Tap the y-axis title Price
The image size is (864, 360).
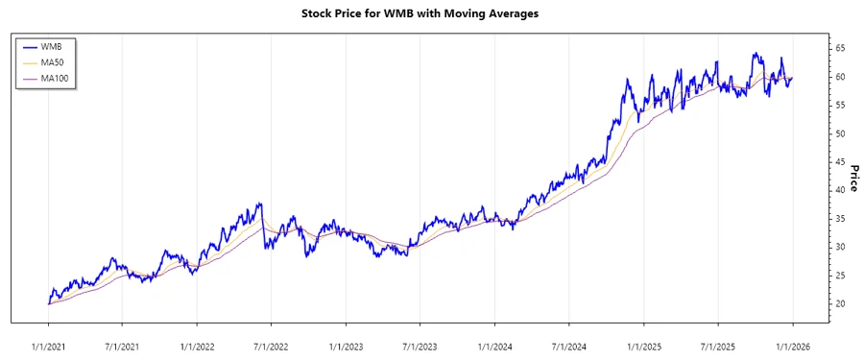[x=852, y=178]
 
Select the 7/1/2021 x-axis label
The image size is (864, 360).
[x=122, y=345]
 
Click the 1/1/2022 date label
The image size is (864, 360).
[x=197, y=345]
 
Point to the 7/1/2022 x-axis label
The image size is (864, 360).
[x=272, y=345]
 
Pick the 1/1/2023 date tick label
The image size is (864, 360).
[x=346, y=345]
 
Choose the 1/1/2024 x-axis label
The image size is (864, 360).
[x=494, y=345]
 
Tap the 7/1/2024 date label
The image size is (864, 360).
[x=569, y=345]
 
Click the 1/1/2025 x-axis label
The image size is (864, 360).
[x=644, y=345]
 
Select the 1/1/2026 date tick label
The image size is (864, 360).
[x=793, y=345]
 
